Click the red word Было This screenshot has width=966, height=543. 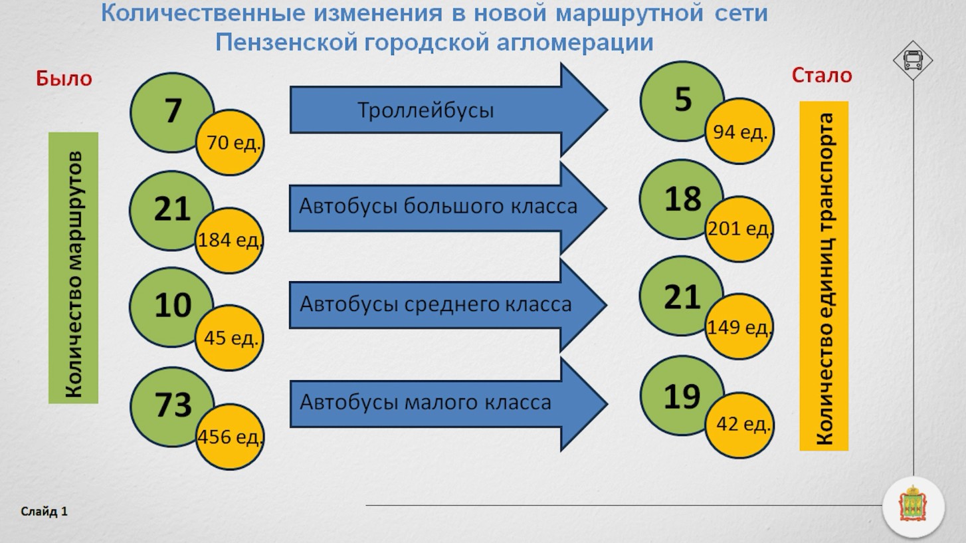click(x=64, y=78)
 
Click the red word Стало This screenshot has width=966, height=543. click(x=822, y=76)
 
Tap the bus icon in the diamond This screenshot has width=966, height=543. click(x=913, y=60)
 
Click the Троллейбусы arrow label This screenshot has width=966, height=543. click(x=426, y=110)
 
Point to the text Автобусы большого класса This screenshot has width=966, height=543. click(x=438, y=206)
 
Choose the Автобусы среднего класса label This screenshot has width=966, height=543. click(x=436, y=304)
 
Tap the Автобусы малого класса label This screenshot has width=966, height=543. click(x=425, y=402)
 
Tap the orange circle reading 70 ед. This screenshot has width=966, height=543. click(x=231, y=143)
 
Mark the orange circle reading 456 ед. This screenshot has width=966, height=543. click(x=230, y=437)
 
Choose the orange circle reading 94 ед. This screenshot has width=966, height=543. click(x=740, y=132)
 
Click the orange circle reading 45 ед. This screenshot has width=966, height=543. click(x=230, y=338)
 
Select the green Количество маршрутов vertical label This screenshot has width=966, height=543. click(x=73, y=268)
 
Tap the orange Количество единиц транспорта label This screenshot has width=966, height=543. click(x=824, y=276)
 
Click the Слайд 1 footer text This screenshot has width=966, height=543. click(x=45, y=512)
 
